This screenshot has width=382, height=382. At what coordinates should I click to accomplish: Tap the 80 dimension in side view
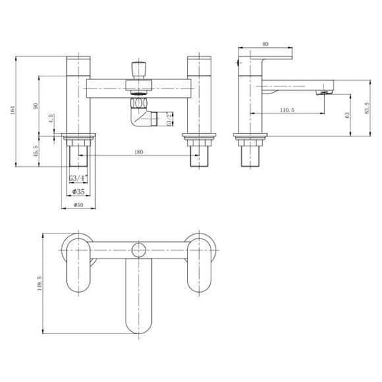pos(265,44)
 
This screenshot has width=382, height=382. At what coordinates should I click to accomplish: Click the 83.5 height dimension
pos(367,107)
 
